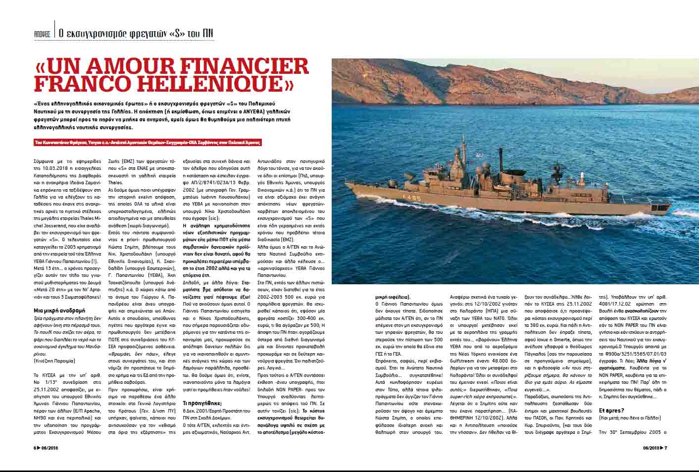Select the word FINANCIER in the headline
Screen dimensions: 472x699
tap(249, 67)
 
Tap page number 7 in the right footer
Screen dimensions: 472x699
tap(666, 448)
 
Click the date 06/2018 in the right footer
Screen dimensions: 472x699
tap(650, 448)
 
